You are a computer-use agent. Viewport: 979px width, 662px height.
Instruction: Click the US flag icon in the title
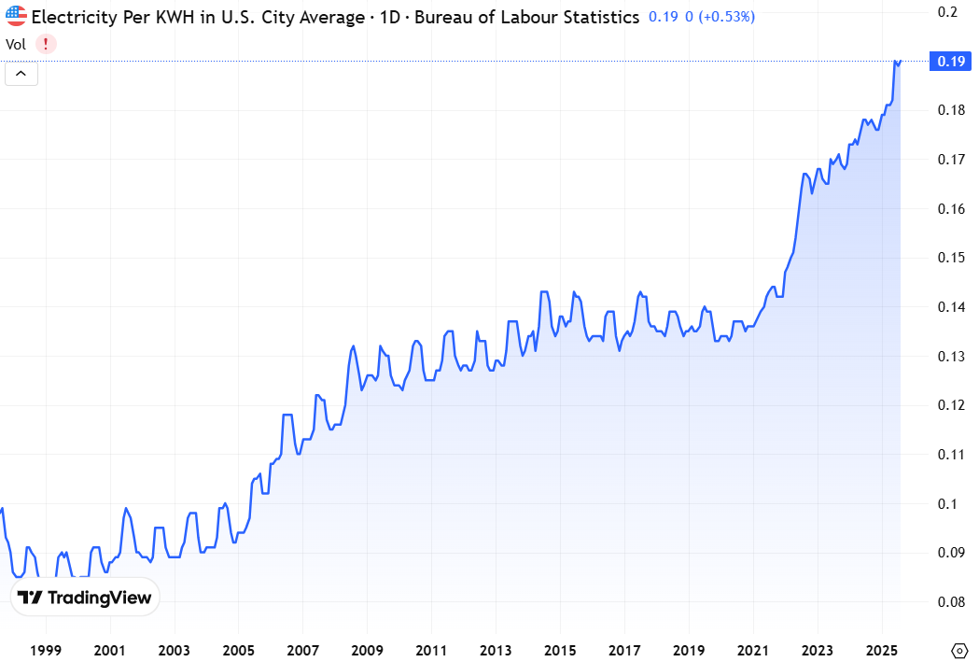click(x=16, y=17)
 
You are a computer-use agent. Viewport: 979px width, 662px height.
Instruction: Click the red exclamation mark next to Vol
click(x=45, y=44)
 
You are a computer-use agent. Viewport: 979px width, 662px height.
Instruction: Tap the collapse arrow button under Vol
click(x=21, y=74)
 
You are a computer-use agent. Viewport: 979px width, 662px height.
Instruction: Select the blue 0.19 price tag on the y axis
click(x=951, y=62)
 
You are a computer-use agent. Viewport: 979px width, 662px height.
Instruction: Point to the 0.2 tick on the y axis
click(x=948, y=12)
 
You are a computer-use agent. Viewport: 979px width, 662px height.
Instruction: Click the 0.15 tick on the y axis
click(x=951, y=258)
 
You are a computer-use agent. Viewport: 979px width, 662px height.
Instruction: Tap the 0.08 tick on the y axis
click(x=951, y=602)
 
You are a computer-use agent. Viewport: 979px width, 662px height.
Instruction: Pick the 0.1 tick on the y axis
click(x=948, y=504)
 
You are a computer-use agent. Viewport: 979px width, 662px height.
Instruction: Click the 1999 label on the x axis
click(x=46, y=650)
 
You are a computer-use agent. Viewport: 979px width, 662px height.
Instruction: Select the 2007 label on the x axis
click(x=303, y=650)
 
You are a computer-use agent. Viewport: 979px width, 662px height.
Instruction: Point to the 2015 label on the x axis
click(x=560, y=650)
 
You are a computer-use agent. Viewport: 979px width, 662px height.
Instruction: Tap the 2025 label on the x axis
click(x=882, y=650)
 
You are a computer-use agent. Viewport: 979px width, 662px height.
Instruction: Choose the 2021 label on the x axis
click(x=753, y=650)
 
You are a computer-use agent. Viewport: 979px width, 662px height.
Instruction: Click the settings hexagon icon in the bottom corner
click(x=959, y=650)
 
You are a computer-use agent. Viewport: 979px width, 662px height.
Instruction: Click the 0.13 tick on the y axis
click(x=951, y=357)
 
